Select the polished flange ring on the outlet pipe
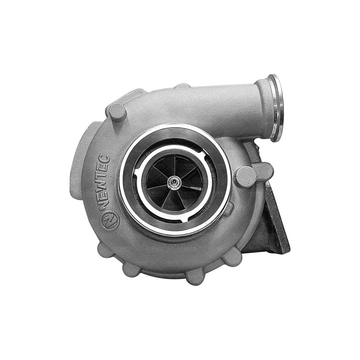pos(276,108)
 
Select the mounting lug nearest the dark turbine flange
pos(233,257)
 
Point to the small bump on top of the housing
pos(182,86)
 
